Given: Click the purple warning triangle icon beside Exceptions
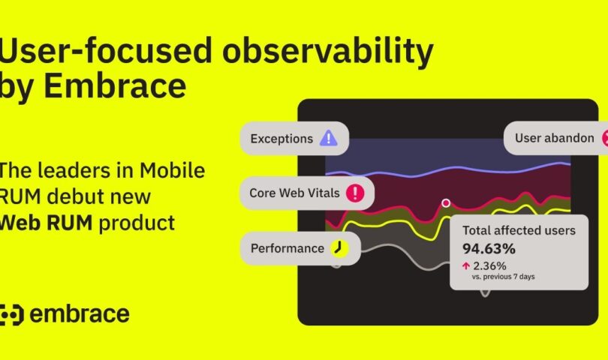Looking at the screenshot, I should coord(328,139).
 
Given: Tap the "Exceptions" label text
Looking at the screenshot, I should coord(281,139).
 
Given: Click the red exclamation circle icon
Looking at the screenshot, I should coord(354,193).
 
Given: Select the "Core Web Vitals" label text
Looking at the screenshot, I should coord(294,193).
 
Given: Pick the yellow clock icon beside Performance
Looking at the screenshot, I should coord(339,248).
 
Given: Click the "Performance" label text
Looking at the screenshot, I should coord(287,248).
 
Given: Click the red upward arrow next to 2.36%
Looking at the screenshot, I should coord(466,265).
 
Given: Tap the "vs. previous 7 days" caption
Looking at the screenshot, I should coord(503,277).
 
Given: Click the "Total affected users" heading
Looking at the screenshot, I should coord(519,231).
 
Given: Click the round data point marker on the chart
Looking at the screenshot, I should coord(446,202).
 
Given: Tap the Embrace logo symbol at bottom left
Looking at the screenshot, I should coord(12,314).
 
